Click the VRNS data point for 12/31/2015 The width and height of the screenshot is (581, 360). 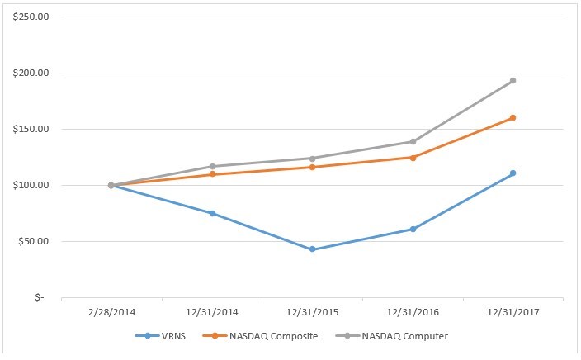[x=312, y=249]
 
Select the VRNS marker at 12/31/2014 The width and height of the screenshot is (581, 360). [x=212, y=213]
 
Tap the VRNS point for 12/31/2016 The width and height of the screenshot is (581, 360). [x=413, y=229]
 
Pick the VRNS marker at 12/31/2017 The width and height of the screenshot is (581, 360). [x=513, y=173]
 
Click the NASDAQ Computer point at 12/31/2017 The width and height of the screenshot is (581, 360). [x=513, y=81]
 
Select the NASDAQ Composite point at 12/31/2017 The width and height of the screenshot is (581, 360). [x=513, y=117]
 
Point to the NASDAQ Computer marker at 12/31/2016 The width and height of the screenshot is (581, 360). [x=413, y=141]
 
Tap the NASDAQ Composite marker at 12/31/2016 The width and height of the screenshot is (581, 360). [x=413, y=157]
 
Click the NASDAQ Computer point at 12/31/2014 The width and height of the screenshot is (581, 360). [x=212, y=166]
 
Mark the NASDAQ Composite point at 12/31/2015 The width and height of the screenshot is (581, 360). [x=312, y=167]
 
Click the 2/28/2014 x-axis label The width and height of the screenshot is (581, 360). [x=111, y=315]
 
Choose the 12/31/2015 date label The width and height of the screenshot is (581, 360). [x=312, y=315]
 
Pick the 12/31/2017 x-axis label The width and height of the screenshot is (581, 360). [x=513, y=315]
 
